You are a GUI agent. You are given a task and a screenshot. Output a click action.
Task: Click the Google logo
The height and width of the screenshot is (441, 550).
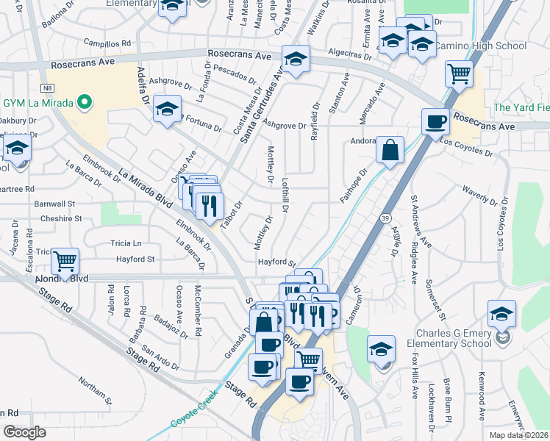(x=24, y=432)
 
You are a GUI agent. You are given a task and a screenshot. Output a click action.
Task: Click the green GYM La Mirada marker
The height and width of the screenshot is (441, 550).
(x=85, y=102)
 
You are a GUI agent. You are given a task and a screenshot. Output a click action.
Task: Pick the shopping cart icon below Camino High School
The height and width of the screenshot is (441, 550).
(x=459, y=73)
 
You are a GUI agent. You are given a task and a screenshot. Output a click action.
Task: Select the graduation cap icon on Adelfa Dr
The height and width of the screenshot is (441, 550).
(x=168, y=110)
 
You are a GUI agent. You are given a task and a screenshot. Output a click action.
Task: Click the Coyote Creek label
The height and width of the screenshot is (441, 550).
(x=192, y=417)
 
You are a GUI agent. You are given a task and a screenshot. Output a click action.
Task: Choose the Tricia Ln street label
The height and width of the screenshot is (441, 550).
(x=125, y=243)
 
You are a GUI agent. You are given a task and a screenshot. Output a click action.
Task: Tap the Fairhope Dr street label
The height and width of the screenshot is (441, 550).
(x=353, y=187)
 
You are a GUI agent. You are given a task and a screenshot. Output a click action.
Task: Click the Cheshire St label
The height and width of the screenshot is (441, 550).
(x=61, y=219)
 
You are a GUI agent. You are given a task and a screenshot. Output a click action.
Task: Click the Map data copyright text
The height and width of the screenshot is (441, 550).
(x=518, y=435)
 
